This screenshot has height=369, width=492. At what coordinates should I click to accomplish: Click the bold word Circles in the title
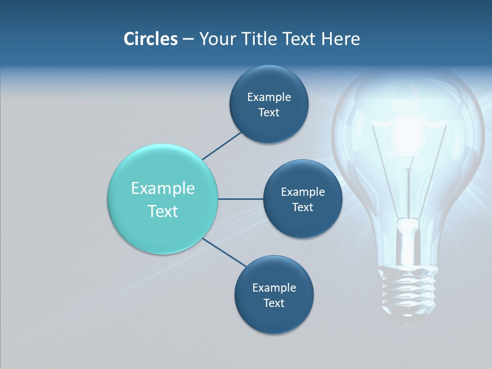(150, 39)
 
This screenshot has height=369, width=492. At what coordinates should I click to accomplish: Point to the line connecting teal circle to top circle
(222, 146)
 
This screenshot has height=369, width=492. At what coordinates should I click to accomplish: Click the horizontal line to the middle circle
(240, 199)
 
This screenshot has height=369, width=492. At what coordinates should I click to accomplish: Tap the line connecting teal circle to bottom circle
(224, 253)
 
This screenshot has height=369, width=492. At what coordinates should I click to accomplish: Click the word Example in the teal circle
(163, 188)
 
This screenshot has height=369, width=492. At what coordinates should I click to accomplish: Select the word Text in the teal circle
(163, 211)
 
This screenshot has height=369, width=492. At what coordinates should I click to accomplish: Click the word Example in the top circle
(269, 97)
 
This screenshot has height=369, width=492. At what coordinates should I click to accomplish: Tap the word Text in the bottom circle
(274, 303)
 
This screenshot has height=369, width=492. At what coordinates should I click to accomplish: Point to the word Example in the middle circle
(302, 192)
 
